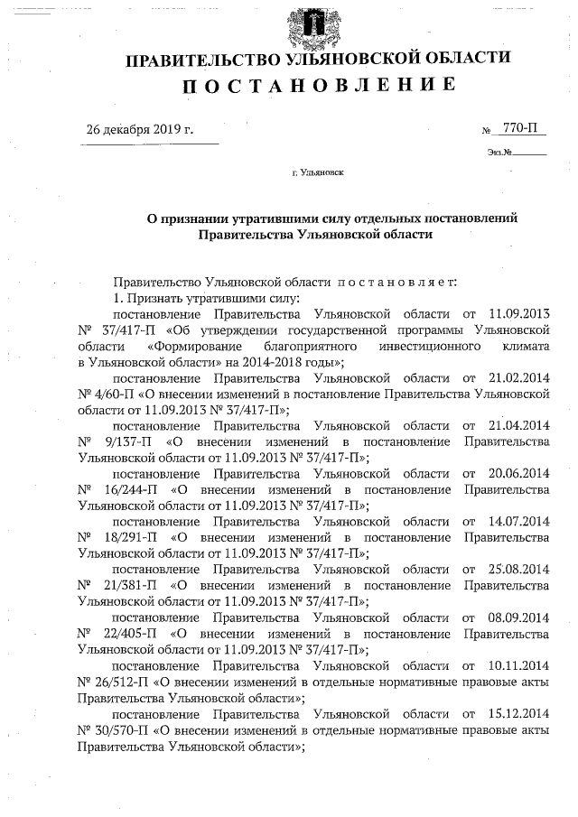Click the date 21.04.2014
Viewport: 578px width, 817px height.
click(518, 424)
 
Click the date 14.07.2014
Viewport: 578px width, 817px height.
click(518, 522)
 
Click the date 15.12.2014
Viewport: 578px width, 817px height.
click(518, 713)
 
